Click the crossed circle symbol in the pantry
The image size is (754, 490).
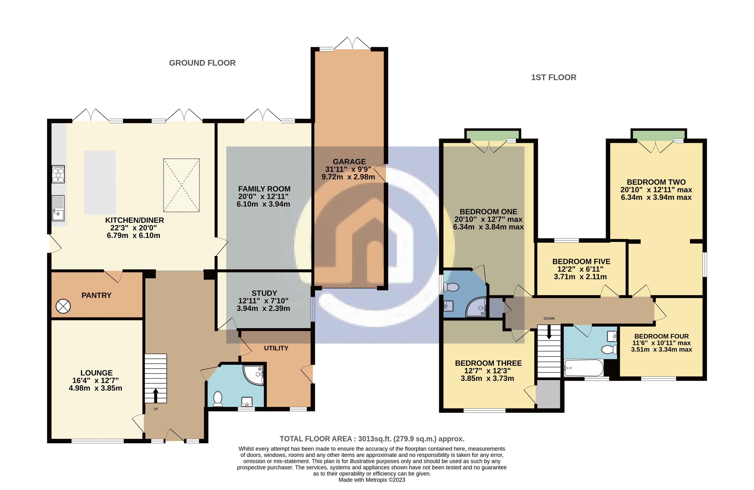pyautogui.click(x=63, y=306)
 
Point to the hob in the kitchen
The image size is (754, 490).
pyautogui.click(x=58, y=174)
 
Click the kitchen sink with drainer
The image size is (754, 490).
pyautogui.click(x=58, y=208)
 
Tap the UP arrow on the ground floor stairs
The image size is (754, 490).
pyautogui.click(x=156, y=395)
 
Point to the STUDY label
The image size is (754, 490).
pyautogui.click(x=264, y=293)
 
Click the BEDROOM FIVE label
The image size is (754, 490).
pyautogui.click(x=581, y=261)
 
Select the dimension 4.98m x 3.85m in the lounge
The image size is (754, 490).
pyautogui.click(x=95, y=388)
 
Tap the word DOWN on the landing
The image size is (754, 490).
pyautogui.click(x=549, y=318)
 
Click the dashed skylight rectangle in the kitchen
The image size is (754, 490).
pyautogui.click(x=181, y=185)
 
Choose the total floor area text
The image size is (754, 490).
pyautogui.click(x=372, y=439)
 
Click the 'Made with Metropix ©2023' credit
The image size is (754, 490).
pyautogui.click(x=372, y=480)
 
